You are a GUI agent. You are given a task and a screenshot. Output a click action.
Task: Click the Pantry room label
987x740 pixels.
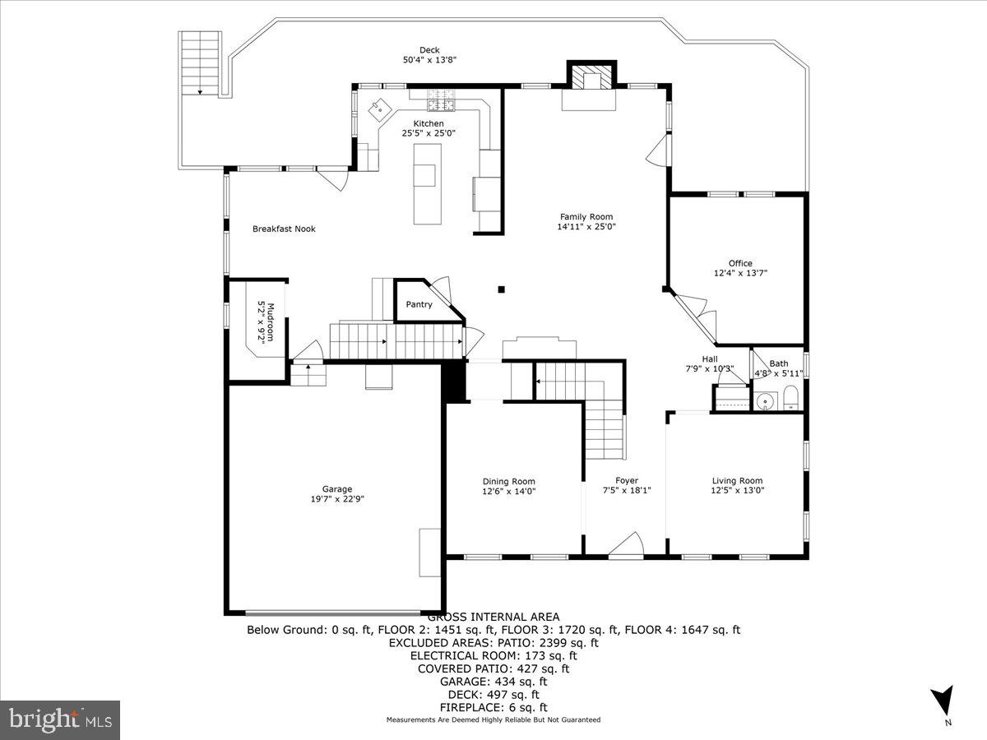(x=419, y=305)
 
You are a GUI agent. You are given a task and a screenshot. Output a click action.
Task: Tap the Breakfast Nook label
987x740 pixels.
(x=284, y=229)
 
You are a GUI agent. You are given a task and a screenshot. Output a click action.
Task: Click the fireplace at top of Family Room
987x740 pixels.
(x=589, y=80)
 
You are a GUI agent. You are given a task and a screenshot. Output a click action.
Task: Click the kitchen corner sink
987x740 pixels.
(x=381, y=107)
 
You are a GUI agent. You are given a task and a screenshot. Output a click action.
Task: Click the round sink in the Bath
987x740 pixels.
(x=766, y=402)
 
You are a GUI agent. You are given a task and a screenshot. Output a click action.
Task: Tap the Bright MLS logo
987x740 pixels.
(x=60, y=719)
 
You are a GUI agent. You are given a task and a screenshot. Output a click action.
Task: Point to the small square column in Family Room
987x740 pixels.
(x=501, y=289)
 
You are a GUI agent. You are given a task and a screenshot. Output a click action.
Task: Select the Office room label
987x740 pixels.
(x=740, y=264)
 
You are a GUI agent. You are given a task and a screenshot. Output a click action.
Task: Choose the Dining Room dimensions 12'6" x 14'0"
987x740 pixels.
(x=508, y=492)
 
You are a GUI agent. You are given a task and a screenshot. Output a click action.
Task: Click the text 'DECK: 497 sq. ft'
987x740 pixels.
(x=493, y=695)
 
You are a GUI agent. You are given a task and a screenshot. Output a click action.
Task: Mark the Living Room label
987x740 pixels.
(x=737, y=481)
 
